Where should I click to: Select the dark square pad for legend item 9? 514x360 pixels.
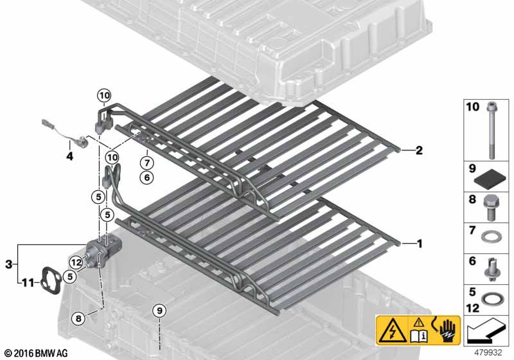[492, 179]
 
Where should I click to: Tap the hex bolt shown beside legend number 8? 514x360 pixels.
[490, 207]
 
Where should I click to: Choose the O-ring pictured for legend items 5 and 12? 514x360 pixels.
[490, 300]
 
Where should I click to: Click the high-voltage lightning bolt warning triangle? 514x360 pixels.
[393, 330]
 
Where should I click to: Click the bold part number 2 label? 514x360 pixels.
[419, 150]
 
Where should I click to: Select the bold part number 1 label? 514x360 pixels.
[420, 244]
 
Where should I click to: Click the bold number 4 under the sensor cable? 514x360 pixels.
[69, 156]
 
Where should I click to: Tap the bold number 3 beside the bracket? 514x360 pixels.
[9, 264]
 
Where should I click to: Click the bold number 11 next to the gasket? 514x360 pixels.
[28, 282]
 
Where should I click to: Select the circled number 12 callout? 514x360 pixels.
[76, 262]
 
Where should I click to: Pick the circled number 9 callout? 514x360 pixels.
[159, 310]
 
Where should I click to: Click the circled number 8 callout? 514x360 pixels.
[78, 318]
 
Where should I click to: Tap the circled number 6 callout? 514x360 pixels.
[146, 177]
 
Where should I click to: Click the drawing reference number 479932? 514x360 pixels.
[488, 353]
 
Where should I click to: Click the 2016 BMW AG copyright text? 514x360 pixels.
[37, 354]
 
